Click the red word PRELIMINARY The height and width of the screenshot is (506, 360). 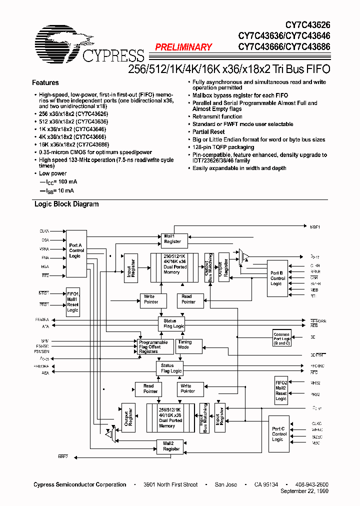(183, 47)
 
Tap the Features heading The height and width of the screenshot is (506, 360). (45, 83)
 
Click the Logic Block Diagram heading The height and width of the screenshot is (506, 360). (66, 204)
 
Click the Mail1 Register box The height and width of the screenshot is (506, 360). (172, 239)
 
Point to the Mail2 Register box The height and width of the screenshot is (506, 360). (171, 446)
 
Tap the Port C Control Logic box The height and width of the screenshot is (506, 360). (278, 433)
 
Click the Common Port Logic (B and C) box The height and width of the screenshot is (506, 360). (282, 338)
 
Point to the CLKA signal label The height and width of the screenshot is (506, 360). (44, 231)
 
